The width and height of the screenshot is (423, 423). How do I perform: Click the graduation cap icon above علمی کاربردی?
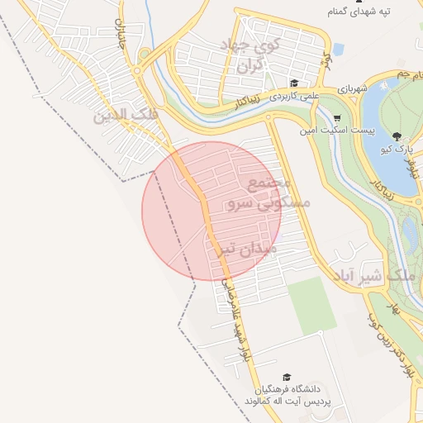pyautogui.click(x=294, y=83)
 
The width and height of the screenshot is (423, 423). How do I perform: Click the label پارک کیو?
pyautogui.click(x=397, y=150)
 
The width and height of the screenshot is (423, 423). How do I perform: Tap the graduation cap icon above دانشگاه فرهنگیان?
pyautogui.click(x=287, y=376)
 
